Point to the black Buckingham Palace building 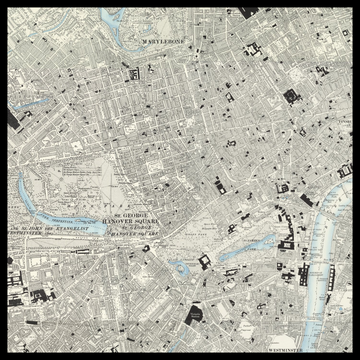[x=205, y=262]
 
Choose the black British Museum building [x=290, y=97]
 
